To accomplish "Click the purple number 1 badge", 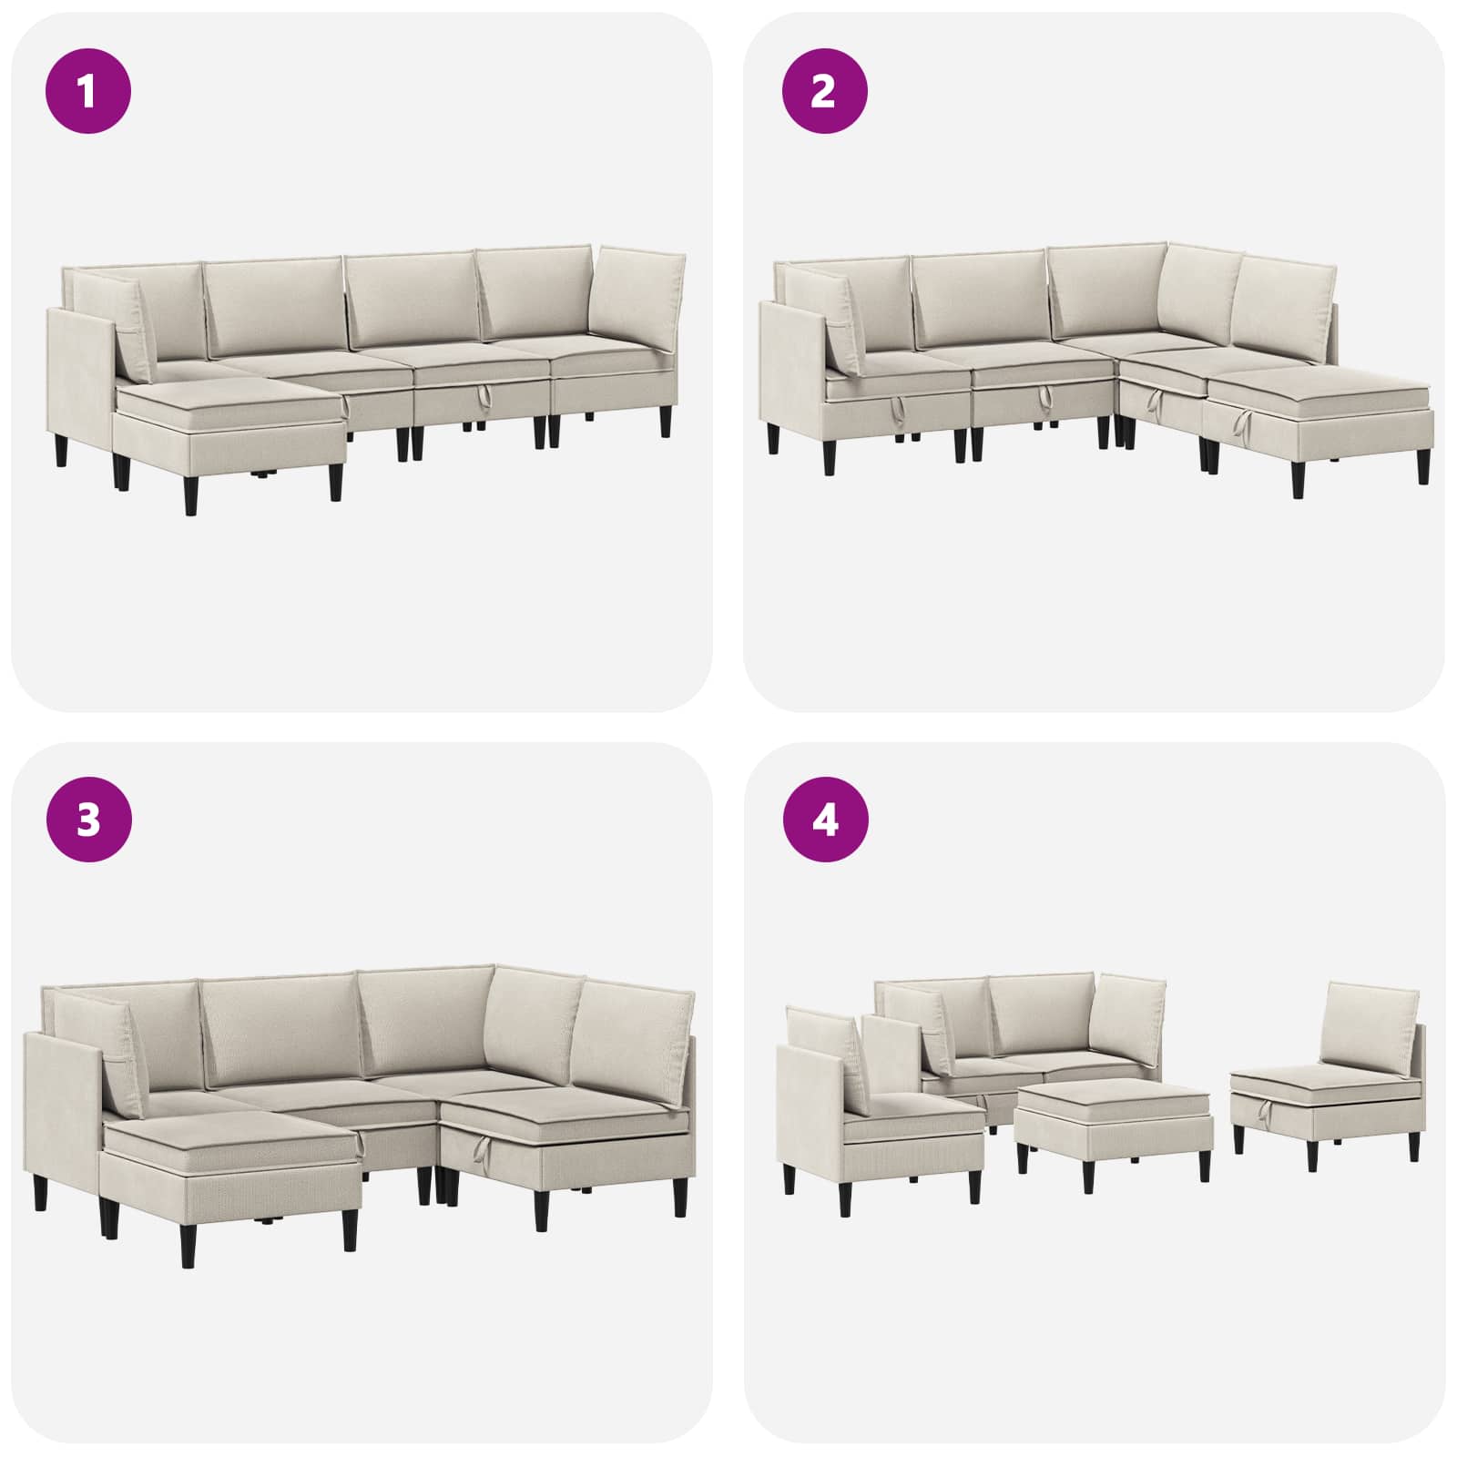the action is tap(88, 91).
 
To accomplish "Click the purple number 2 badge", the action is tap(824, 91).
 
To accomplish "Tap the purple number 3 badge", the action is tap(88, 821).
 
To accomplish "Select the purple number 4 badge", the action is tap(824, 821).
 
